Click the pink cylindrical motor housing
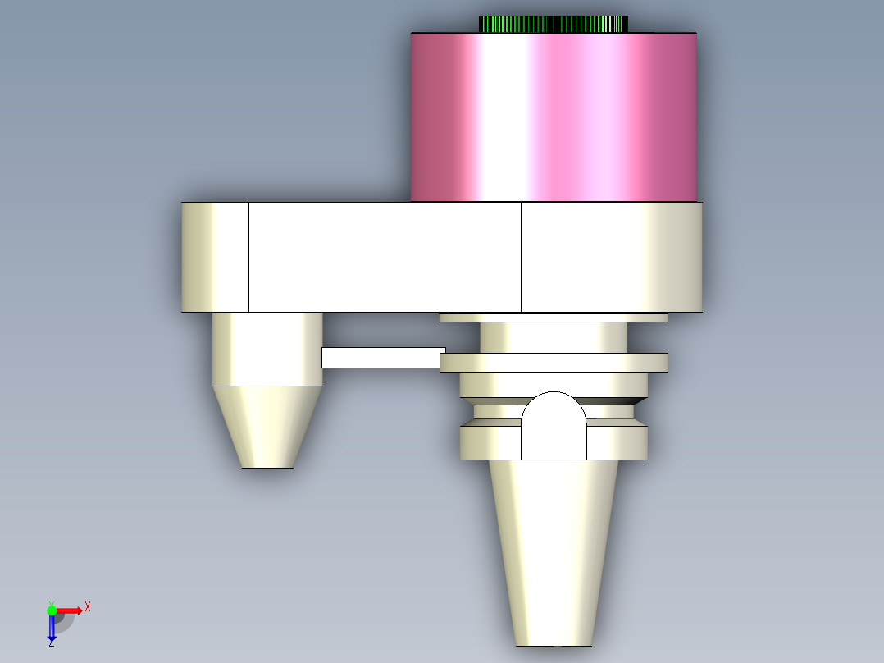pos(554,117)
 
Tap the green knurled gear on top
pos(553,25)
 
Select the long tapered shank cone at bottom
pos(554,553)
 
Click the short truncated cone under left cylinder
pos(267,428)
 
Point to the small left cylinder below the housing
pos(267,350)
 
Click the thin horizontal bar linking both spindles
pos(384,358)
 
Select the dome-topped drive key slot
pos(554,426)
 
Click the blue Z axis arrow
pos(52,626)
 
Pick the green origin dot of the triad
pos(52,610)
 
